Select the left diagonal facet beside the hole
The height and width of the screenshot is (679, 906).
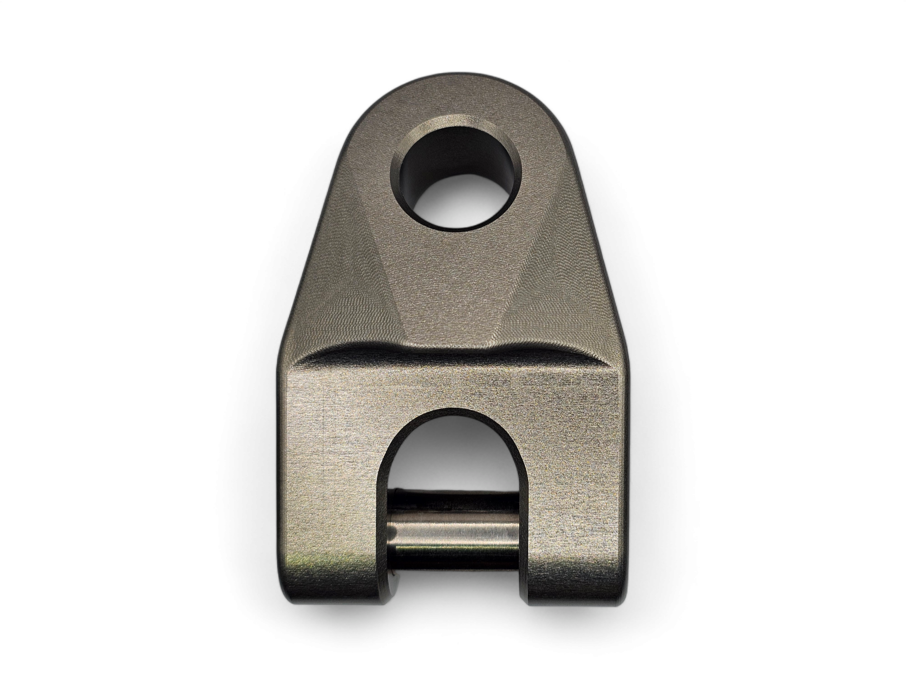(x=344, y=253)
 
